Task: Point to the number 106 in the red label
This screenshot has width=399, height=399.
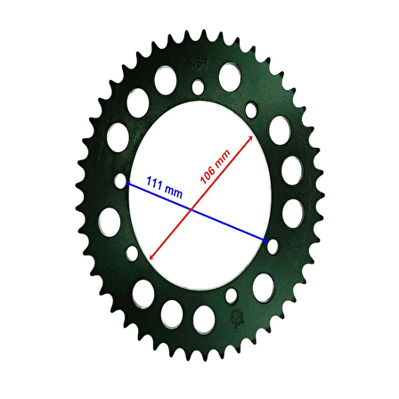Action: [206, 171]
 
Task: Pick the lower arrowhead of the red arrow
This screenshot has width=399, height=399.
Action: [150, 257]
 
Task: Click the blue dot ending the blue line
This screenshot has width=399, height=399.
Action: [265, 240]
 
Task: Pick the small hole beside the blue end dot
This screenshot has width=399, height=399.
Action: [273, 245]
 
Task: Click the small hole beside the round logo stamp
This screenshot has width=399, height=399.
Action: [232, 296]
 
